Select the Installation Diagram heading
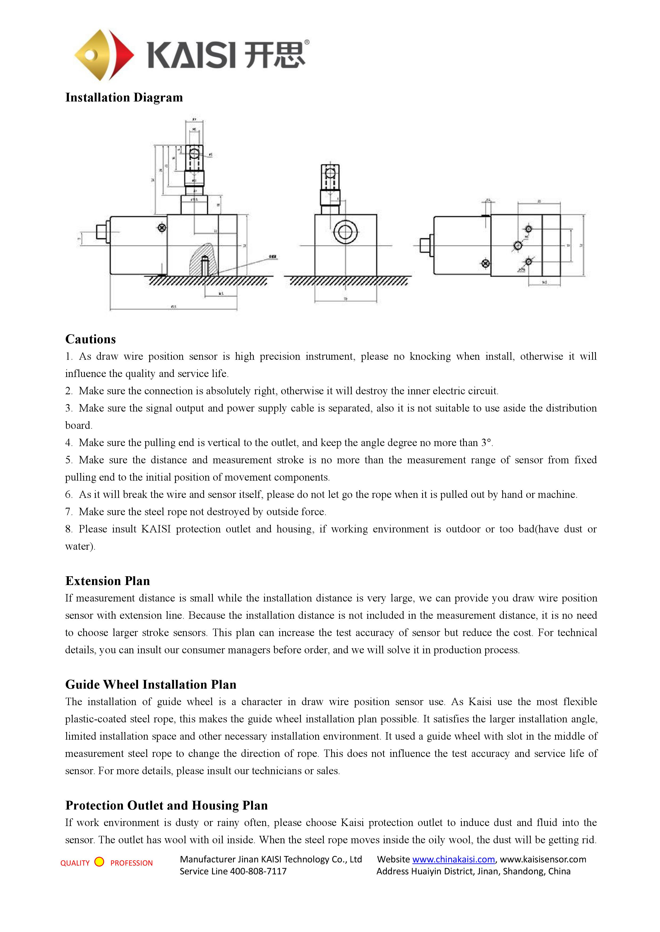point(124,98)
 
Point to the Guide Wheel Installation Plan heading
point(151,684)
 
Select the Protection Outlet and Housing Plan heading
point(166,805)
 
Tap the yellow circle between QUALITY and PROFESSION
point(99,862)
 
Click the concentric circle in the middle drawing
point(345,232)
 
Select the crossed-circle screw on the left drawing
point(162,228)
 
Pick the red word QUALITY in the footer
point(75,863)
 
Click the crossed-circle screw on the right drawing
point(485,264)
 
